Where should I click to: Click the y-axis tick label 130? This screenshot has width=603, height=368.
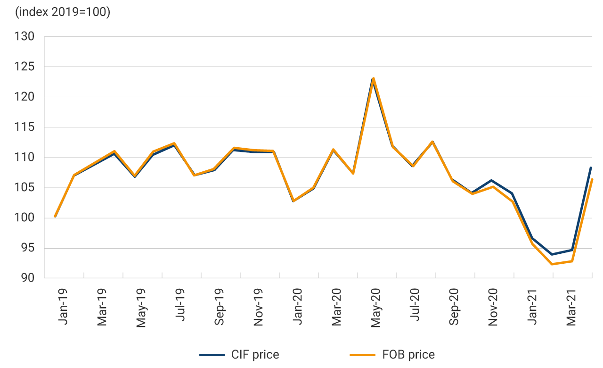(25, 36)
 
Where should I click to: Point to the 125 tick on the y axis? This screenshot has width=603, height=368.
(25, 67)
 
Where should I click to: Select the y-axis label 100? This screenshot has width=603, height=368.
(25, 218)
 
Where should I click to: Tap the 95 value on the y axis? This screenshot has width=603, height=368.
(28, 248)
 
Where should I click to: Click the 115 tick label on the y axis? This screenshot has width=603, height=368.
(25, 127)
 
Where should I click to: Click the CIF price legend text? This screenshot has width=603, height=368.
(255, 355)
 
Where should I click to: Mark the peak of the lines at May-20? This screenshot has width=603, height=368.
(373, 79)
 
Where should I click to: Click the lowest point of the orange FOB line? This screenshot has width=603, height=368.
(552, 264)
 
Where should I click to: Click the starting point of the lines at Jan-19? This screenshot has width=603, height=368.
(55, 217)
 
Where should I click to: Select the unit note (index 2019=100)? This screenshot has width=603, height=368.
(63, 12)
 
